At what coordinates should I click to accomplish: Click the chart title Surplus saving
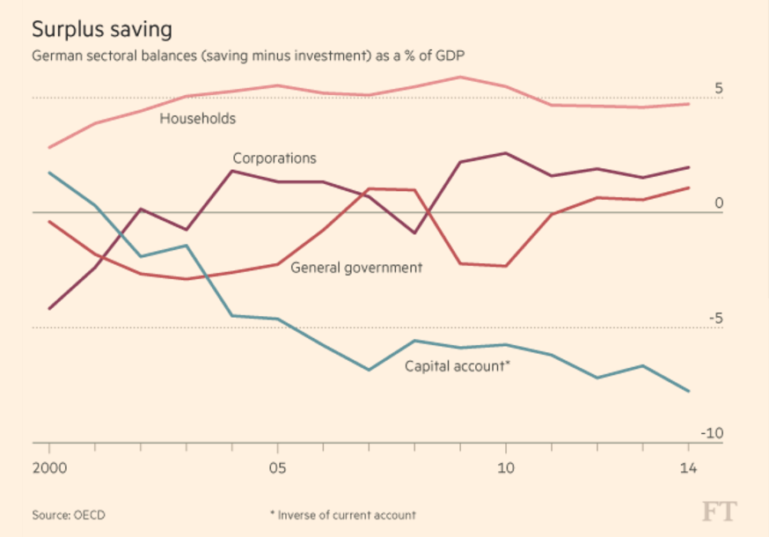point(101,29)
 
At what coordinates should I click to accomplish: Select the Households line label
point(197,117)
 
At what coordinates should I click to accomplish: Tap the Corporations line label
point(274,158)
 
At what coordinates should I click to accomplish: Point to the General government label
point(356,268)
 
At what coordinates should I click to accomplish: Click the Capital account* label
point(457,366)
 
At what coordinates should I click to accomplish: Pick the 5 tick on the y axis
point(718,89)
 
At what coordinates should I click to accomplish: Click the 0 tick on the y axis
point(718,204)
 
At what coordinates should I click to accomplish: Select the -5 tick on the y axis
point(714,319)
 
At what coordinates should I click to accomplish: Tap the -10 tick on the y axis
point(711,433)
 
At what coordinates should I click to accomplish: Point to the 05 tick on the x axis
point(277,467)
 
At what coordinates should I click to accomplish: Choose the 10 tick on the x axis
point(505,467)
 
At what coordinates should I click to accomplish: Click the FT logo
point(719,511)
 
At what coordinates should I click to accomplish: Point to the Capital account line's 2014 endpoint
point(688,391)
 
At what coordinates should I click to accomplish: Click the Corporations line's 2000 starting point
point(49,309)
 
